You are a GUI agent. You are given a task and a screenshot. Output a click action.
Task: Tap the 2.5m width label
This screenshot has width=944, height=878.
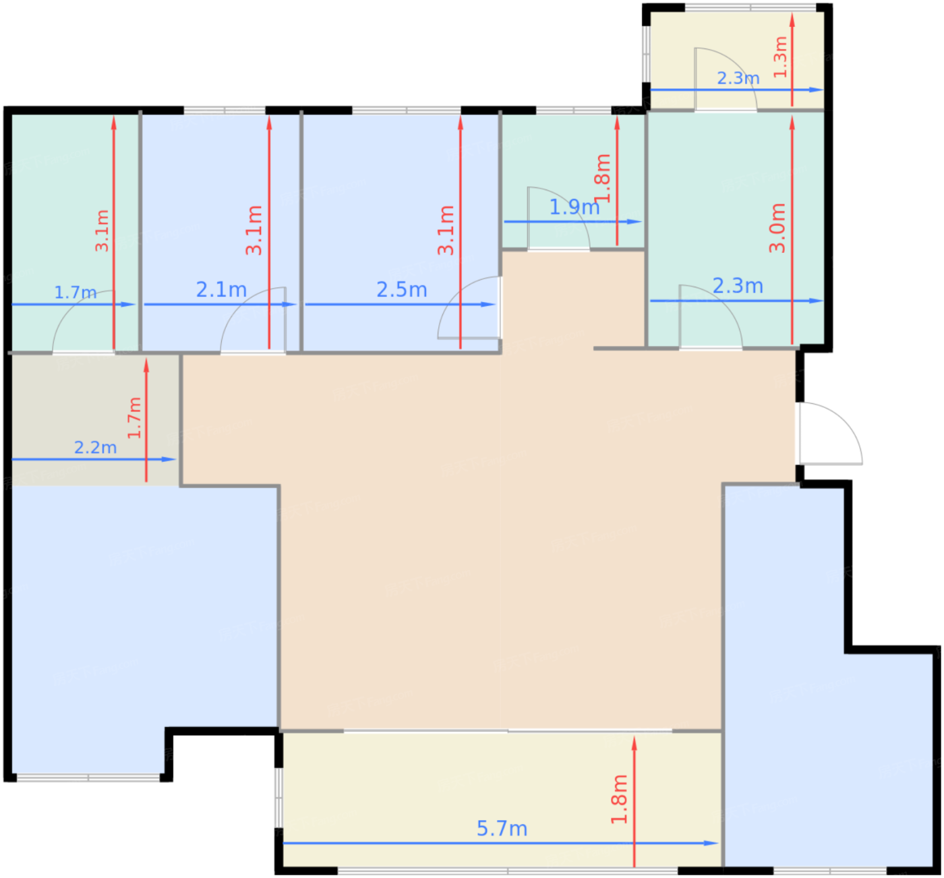[x=402, y=289]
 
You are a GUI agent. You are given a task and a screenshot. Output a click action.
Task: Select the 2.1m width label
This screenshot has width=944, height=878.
[x=221, y=289]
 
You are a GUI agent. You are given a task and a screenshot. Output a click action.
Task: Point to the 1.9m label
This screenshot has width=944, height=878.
[x=574, y=207]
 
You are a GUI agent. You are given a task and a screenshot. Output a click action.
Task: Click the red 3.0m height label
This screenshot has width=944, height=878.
[x=777, y=228]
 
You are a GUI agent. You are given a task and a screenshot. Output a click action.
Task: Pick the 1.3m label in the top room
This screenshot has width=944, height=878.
[x=780, y=57]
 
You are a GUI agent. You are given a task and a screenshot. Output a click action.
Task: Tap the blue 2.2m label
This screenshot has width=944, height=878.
[x=95, y=447]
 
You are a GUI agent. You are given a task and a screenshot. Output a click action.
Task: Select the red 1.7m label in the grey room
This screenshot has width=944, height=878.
[x=134, y=418]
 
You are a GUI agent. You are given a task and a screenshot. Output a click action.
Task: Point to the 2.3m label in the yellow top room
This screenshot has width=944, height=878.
[x=738, y=78]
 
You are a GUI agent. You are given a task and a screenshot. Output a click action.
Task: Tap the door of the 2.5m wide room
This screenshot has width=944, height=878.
[x=469, y=308]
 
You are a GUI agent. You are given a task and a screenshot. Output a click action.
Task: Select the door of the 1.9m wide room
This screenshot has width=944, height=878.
[x=558, y=218]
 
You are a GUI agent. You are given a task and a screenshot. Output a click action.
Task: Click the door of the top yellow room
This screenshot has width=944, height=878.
[x=726, y=79]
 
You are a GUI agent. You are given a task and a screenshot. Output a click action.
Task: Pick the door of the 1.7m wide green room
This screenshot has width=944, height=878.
[x=84, y=322]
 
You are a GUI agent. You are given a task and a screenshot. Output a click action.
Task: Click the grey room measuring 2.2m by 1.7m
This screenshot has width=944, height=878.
[x=95, y=420]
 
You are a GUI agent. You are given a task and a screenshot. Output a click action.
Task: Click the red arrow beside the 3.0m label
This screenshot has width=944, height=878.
[x=792, y=230]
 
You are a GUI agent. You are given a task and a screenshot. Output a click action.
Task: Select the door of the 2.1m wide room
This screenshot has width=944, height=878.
[x=253, y=320]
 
